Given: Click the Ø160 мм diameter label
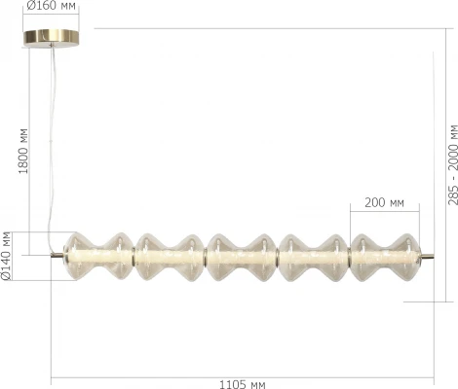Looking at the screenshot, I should coord(52,7).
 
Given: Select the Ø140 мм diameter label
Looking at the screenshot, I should coord(8,257).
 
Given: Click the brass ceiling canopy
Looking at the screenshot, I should coord(52,36).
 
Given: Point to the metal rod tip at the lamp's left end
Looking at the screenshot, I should coord(57,257).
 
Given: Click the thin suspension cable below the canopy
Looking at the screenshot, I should coord(55,146).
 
